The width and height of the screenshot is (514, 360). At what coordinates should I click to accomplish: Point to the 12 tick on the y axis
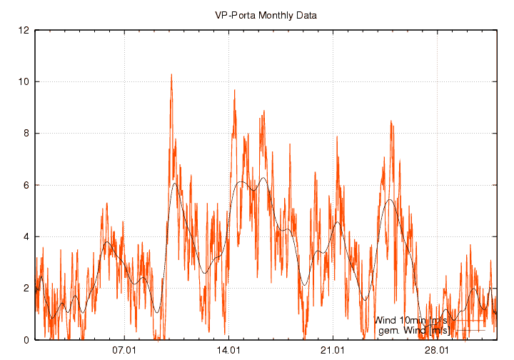24,31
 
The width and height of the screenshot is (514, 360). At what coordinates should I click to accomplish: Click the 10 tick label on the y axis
24,82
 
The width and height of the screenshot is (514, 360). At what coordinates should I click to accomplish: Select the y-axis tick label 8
26,134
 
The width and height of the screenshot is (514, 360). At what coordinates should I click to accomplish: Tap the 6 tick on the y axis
26,185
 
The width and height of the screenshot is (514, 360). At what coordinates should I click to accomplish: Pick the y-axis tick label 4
26,237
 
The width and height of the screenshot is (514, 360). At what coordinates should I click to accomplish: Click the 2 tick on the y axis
26,289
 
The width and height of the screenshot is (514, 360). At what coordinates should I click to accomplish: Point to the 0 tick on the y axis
26,340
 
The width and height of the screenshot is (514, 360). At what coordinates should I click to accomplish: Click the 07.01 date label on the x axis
124,351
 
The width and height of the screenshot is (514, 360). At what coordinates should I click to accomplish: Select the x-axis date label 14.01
228,351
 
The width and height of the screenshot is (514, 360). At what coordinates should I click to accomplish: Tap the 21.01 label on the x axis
333,351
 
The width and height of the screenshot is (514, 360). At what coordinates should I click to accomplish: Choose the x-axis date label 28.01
437,351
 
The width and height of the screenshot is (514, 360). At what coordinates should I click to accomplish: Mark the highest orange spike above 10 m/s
171,74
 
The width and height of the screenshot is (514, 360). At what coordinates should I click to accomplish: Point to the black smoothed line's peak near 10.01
174,183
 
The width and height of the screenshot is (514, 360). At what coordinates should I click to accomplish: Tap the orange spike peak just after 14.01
234,91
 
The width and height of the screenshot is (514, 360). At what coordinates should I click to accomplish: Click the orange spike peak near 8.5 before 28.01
391,121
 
